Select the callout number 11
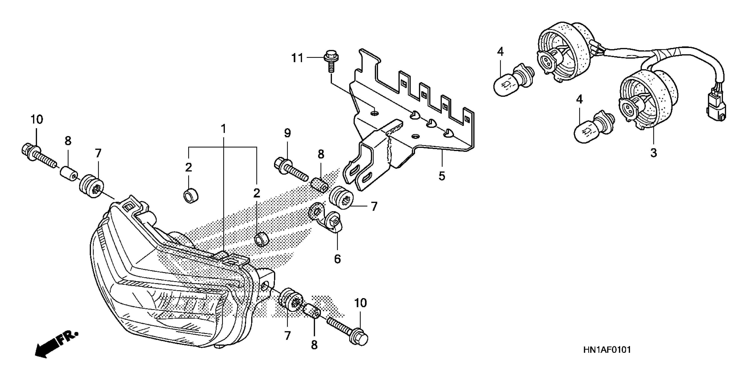click(297, 58)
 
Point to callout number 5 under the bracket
click(442, 176)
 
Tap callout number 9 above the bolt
click(287, 134)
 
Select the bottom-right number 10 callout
click(361, 303)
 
